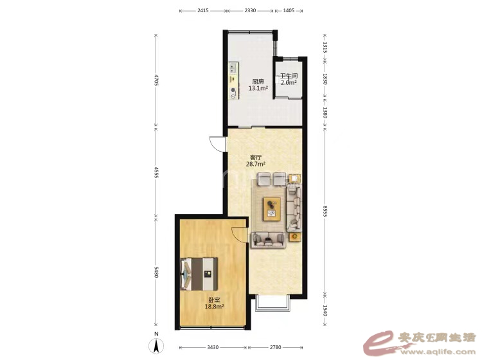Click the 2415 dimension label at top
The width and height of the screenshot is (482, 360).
click(x=203, y=10)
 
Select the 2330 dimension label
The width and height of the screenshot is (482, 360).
click(x=250, y=10)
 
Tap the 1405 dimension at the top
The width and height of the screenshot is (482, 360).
click(x=289, y=10)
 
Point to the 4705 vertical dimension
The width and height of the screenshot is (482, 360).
click(x=156, y=80)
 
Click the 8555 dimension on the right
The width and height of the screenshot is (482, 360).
click(x=325, y=212)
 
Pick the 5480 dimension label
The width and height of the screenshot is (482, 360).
click(x=156, y=272)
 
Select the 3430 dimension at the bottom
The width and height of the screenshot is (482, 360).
click(x=213, y=347)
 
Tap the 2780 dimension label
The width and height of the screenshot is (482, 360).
click(x=276, y=347)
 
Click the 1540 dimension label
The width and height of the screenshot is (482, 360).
click(x=325, y=310)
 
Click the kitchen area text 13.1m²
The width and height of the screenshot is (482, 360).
click(x=258, y=88)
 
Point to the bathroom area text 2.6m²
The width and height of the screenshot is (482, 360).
click(x=289, y=82)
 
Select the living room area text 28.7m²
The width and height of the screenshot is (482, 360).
click(x=256, y=164)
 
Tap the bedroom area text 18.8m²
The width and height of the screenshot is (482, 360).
click(x=214, y=306)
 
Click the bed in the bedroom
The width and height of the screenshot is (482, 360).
click(x=199, y=274)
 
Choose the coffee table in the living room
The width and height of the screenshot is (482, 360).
click(x=272, y=209)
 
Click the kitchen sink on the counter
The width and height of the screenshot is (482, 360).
click(x=233, y=68)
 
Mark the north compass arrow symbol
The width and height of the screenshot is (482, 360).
click(x=156, y=346)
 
